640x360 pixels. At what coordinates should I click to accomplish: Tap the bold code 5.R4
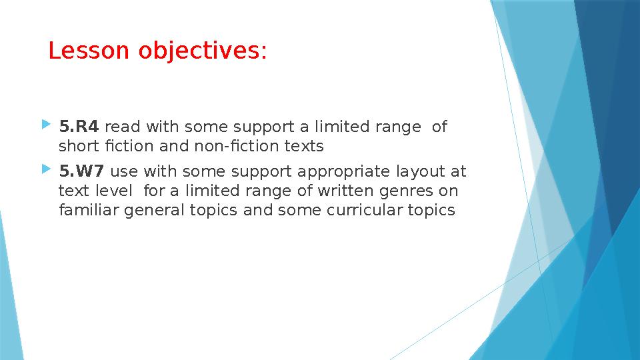pyautogui.click(x=79, y=127)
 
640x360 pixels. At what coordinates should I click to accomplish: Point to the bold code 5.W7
pyautogui.click(x=81, y=172)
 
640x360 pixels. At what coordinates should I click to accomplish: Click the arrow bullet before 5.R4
pyautogui.click(x=45, y=125)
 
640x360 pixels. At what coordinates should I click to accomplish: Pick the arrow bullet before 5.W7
pyautogui.click(x=45, y=171)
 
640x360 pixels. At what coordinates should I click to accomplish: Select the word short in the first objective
pyautogui.click(x=77, y=146)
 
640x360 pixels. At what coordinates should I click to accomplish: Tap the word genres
pyautogui.click(x=413, y=191)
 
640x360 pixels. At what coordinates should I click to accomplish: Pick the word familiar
pyautogui.click(x=87, y=211)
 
